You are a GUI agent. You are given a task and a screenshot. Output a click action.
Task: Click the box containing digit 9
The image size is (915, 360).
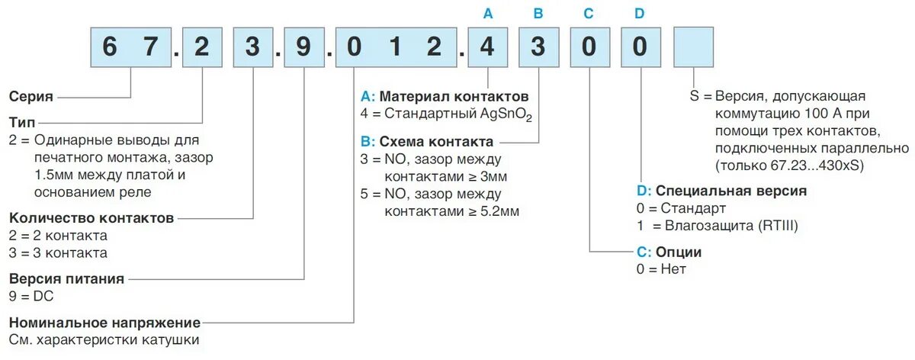point(303,47)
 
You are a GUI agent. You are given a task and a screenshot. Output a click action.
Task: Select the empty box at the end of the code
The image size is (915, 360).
point(693,47)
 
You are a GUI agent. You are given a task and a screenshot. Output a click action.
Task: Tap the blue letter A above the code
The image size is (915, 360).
point(488,13)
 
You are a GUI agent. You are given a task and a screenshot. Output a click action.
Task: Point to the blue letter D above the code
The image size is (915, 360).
point(640,13)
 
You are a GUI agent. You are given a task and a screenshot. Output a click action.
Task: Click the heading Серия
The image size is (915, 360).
point(31,97)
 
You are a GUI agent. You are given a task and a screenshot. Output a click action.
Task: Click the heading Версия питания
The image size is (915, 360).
point(66,278)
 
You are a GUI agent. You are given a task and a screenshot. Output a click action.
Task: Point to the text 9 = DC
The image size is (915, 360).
point(33,296)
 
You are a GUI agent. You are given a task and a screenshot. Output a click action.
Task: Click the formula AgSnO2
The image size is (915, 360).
point(506,116)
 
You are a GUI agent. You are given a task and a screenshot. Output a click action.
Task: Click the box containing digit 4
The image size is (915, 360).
point(488,47)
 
